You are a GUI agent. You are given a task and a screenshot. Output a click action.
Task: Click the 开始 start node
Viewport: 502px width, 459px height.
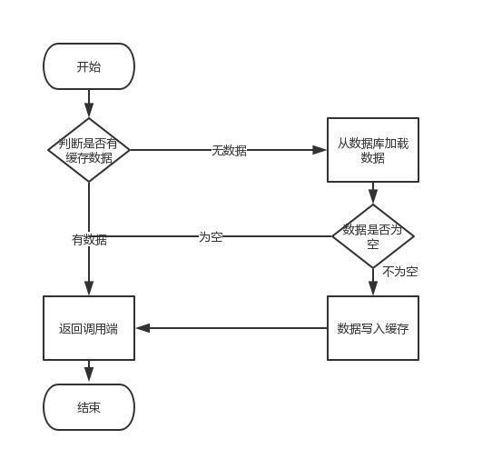pyautogui.click(x=89, y=66)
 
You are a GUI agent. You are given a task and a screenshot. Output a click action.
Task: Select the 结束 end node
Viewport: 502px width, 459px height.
pyautogui.click(x=89, y=407)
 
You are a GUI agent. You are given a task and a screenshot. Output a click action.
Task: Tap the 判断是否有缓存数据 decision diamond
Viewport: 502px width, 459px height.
pyautogui.click(x=89, y=150)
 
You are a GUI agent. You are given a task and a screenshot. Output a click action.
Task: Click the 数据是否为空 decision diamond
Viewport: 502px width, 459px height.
pyautogui.click(x=373, y=236)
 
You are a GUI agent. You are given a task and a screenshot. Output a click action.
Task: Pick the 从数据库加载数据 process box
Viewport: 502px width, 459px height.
pyautogui.click(x=373, y=150)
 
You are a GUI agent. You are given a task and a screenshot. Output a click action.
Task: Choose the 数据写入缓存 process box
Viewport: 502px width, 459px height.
pyautogui.click(x=373, y=328)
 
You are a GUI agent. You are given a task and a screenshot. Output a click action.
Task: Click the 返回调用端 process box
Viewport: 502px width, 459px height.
pyautogui.click(x=89, y=328)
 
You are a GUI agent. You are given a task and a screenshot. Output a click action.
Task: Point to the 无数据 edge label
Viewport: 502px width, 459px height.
pyautogui.click(x=229, y=150)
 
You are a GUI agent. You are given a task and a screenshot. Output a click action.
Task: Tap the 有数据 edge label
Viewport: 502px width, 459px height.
pyautogui.click(x=89, y=240)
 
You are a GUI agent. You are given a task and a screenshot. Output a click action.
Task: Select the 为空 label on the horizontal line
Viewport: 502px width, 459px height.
pyautogui.click(x=211, y=236)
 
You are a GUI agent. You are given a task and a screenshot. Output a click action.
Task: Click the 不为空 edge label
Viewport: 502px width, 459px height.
pyautogui.click(x=399, y=271)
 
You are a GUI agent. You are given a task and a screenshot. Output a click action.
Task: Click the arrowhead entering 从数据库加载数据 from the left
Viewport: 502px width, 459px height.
pyautogui.click(x=320, y=150)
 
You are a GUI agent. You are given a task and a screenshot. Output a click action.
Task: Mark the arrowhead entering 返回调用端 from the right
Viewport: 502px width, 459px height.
pyautogui.click(x=143, y=328)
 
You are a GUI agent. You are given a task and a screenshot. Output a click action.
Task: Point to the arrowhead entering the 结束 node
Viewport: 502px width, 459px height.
pyautogui.click(x=89, y=376)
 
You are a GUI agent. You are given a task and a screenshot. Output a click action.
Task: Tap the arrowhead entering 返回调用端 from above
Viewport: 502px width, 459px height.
pyautogui.click(x=89, y=288)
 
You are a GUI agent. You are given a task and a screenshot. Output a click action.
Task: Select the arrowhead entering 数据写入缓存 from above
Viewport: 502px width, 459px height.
pyautogui.click(x=373, y=288)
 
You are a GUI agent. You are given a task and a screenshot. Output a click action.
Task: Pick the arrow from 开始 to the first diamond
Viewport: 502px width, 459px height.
pyautogui.click(x=89, y=103)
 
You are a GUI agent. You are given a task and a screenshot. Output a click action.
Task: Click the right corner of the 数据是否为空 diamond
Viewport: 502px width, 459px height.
pyautogui.click(x=413, y=236)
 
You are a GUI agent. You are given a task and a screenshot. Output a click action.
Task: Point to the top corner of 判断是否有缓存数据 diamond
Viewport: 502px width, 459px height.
pyautogui.click(x=89, y=119)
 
